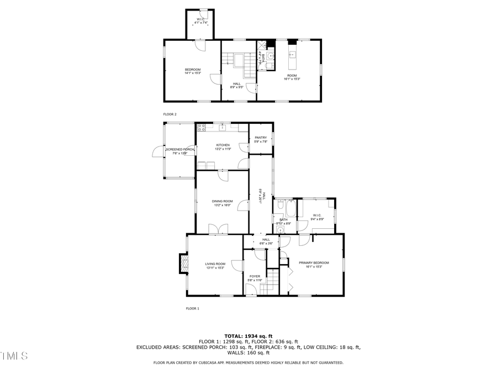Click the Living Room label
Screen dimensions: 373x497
[215, 266]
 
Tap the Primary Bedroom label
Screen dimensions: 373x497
[314, 265]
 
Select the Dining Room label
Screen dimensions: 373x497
[223, 203]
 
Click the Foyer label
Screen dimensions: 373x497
[255, 278]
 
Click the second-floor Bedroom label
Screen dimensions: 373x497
[192, 71]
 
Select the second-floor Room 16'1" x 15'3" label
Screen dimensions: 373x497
[292, 77]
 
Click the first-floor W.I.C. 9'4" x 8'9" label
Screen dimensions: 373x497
[317, 217]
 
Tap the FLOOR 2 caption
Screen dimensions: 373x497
[170, 114]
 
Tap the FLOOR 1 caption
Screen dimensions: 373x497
[192, 308]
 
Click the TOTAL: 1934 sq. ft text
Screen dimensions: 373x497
[248, 336]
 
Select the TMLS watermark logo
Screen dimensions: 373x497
[14, 355]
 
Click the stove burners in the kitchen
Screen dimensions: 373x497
[202, 128]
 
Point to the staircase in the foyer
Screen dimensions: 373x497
[270, 282]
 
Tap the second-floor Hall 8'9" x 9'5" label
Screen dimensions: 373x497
[236, 85]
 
